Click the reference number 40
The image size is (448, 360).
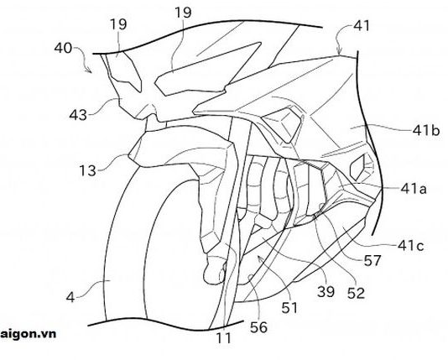pos(63,48)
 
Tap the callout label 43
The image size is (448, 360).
pos(78,115)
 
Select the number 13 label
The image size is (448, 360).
pos(87,170)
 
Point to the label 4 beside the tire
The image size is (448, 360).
pos(70,297)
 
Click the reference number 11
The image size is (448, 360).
pos(223,338)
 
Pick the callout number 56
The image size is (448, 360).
pos(258,327)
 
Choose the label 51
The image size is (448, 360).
pos(289,308)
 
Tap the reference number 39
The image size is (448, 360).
pos(326,292)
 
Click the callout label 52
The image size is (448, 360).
pos(356,293)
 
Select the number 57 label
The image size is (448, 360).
pos(372,260)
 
